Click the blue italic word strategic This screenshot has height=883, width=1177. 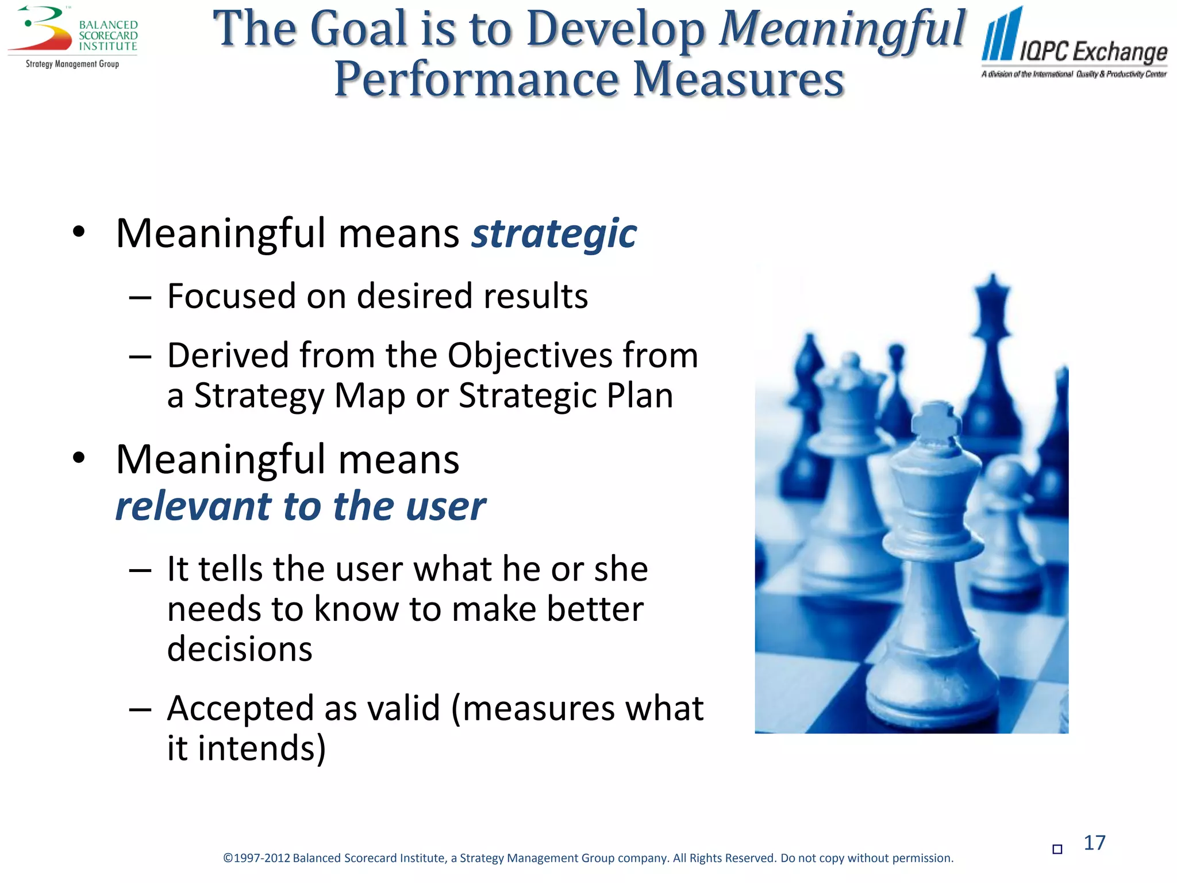[x=553, y=233]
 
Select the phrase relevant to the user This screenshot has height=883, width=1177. [x=301, y=506]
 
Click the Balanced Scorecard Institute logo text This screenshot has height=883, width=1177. [x=108, y=36]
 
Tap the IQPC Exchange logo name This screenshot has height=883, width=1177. [x=1093, y=52]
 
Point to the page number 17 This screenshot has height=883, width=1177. [x=1094, y=843]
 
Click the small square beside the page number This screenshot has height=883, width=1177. [x=1057, y=849]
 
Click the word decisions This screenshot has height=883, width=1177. [x=240, y=649]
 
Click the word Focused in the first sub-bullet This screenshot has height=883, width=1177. [x=232, y=296]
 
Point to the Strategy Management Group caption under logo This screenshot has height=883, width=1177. [x=72, y=64]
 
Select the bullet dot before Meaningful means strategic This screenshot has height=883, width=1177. [x=79, y=232]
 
